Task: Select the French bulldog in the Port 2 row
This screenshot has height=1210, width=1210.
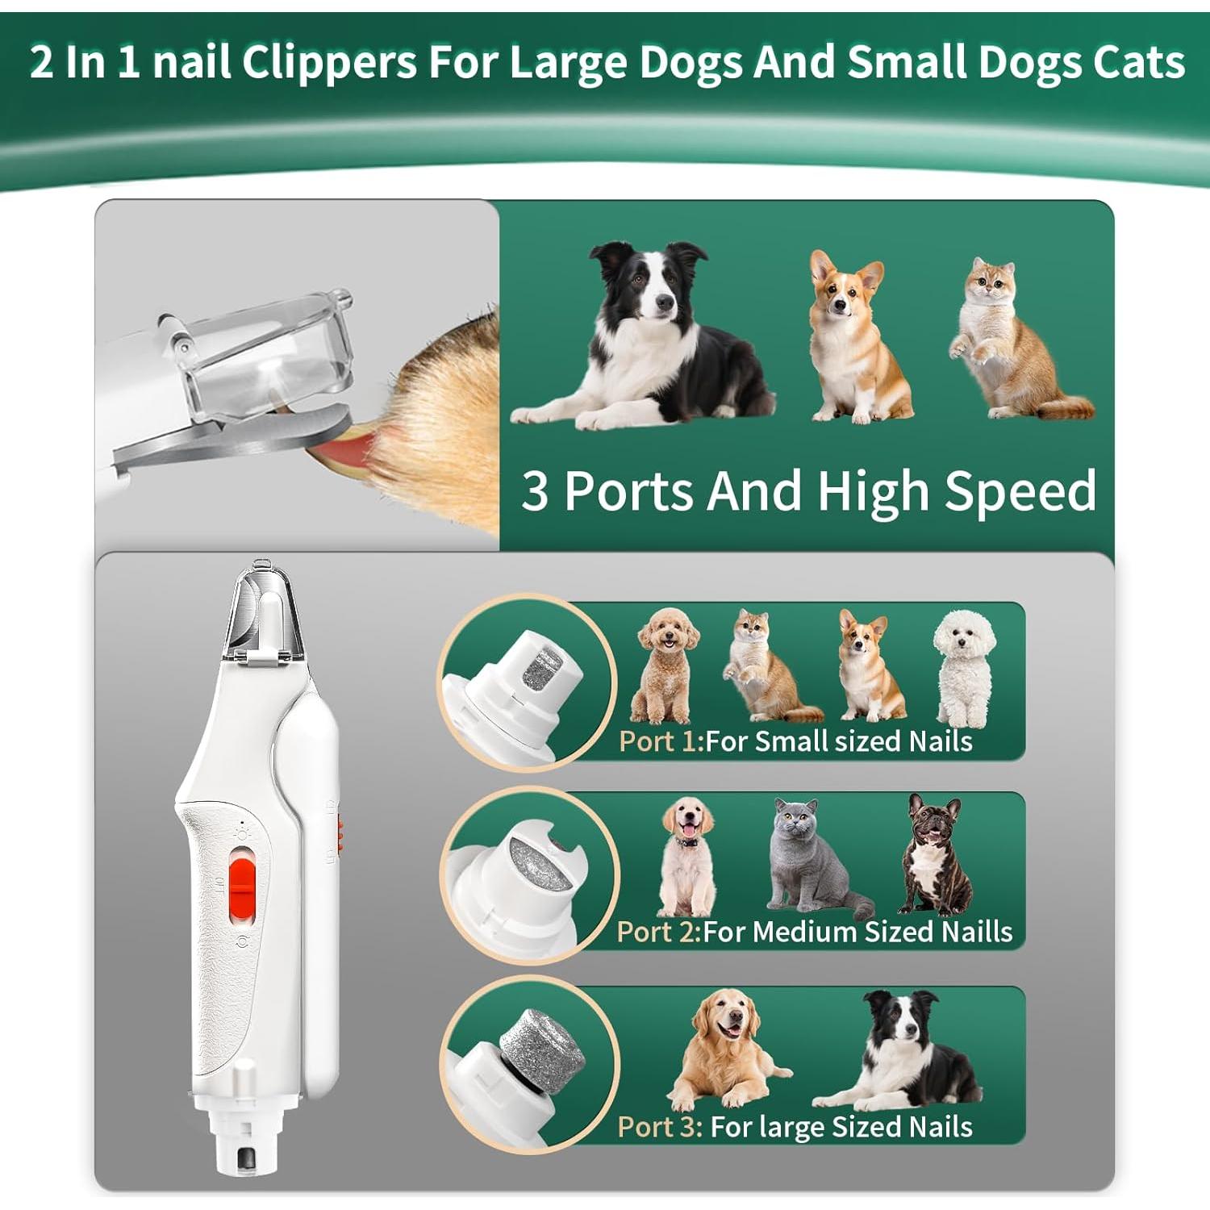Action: (x=936, y=855)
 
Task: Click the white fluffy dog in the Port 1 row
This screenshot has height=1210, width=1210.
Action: (x=963, y=665)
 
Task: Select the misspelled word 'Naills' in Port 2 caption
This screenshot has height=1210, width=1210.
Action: (x=976, y=932)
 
